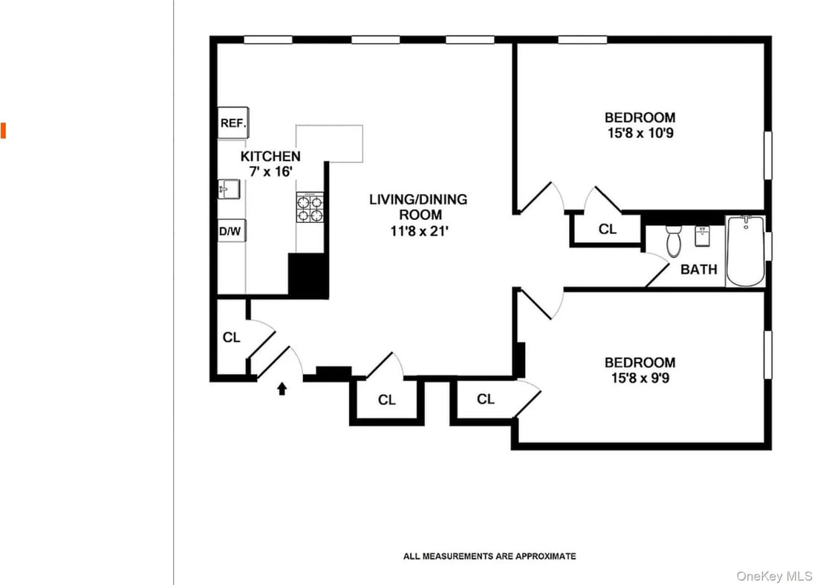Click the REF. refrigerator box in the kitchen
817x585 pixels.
tap(232, 123)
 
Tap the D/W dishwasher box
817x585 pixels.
tap(230, 231)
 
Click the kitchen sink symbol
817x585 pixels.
tap(228, 190)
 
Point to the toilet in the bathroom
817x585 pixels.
tap(674, 239)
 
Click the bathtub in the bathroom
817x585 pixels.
tap(745, 251)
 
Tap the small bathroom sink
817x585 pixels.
tap(702, 236)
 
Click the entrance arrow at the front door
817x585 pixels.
tap(282, 389)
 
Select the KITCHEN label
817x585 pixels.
tap(270, 156)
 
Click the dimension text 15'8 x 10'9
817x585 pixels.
tap(639, 134)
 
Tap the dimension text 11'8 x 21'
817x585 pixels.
tap(419, 231)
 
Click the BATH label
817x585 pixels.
tap(699, 269)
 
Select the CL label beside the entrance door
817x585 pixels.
tap(232, 337)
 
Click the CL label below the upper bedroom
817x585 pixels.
tap(608, 229)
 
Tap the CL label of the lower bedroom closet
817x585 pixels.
tap(486, 399)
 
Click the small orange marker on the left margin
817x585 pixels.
tap(3, 131)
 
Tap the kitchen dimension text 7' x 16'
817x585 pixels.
tap(270, 172)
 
